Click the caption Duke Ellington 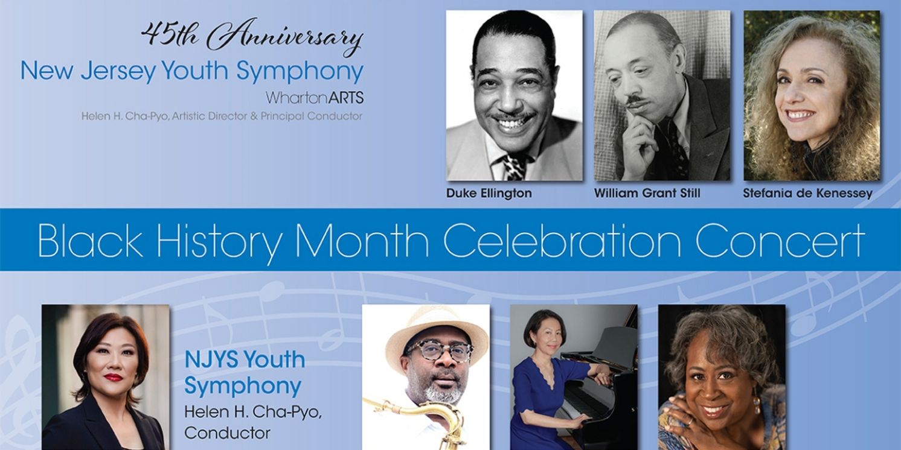489,194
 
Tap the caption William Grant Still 647,194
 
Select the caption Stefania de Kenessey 808,194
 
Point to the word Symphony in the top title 300,72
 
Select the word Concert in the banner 780,240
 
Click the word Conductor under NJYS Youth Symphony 228,433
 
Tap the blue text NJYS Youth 245,360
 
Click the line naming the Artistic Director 222,116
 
